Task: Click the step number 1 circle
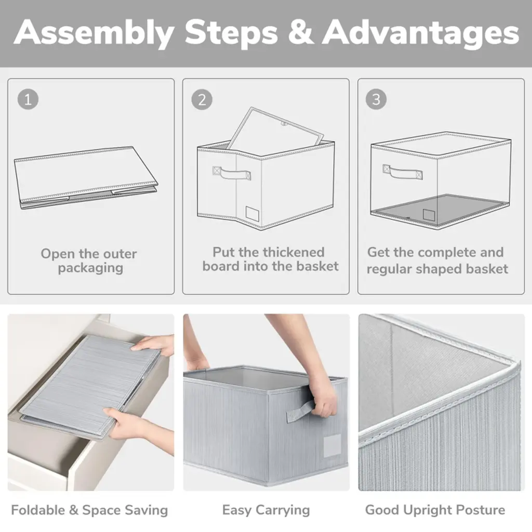click(28, 99)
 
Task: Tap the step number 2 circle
click(202, 99)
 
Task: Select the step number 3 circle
click(376, 99)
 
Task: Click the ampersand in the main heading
click(301, 33)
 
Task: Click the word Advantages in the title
click(420, 33)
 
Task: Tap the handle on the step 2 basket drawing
click(232, 172)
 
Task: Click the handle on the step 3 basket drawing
click(403, 171)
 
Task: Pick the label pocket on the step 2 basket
click(252, 213)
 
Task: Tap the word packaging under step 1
click(90, 268)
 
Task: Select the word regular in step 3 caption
click(389, 270)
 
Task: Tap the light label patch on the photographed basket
click(332, 445)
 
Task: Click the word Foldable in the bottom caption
click(38, 510)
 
